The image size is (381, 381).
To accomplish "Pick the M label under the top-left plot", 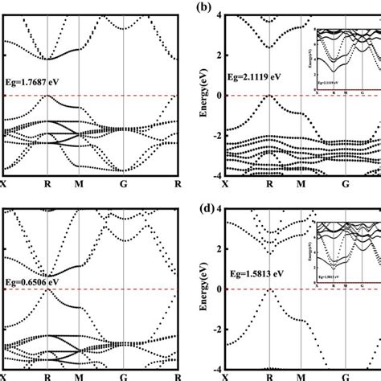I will coord(80,184).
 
